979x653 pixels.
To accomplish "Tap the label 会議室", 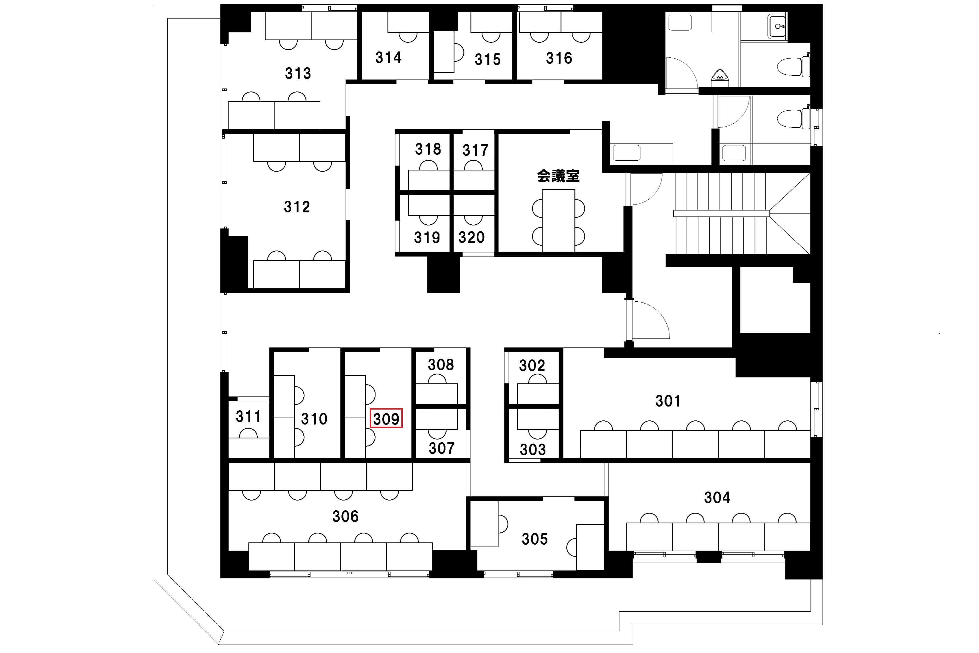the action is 558,176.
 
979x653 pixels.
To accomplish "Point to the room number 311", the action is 248,416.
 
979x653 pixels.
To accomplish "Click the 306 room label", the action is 345,516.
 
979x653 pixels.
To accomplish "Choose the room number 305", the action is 535,539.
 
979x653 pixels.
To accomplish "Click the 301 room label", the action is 668,401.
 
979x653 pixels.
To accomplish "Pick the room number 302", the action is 532,366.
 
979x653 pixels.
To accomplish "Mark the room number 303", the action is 532,450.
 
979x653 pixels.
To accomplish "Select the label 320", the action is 471,237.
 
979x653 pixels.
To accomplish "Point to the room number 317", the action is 475,150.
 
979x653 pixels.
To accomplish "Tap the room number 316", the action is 559,58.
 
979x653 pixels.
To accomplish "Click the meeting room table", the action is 558,221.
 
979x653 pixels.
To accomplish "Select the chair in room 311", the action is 248,433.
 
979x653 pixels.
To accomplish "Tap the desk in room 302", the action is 538,394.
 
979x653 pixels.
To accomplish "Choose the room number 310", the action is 314,419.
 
